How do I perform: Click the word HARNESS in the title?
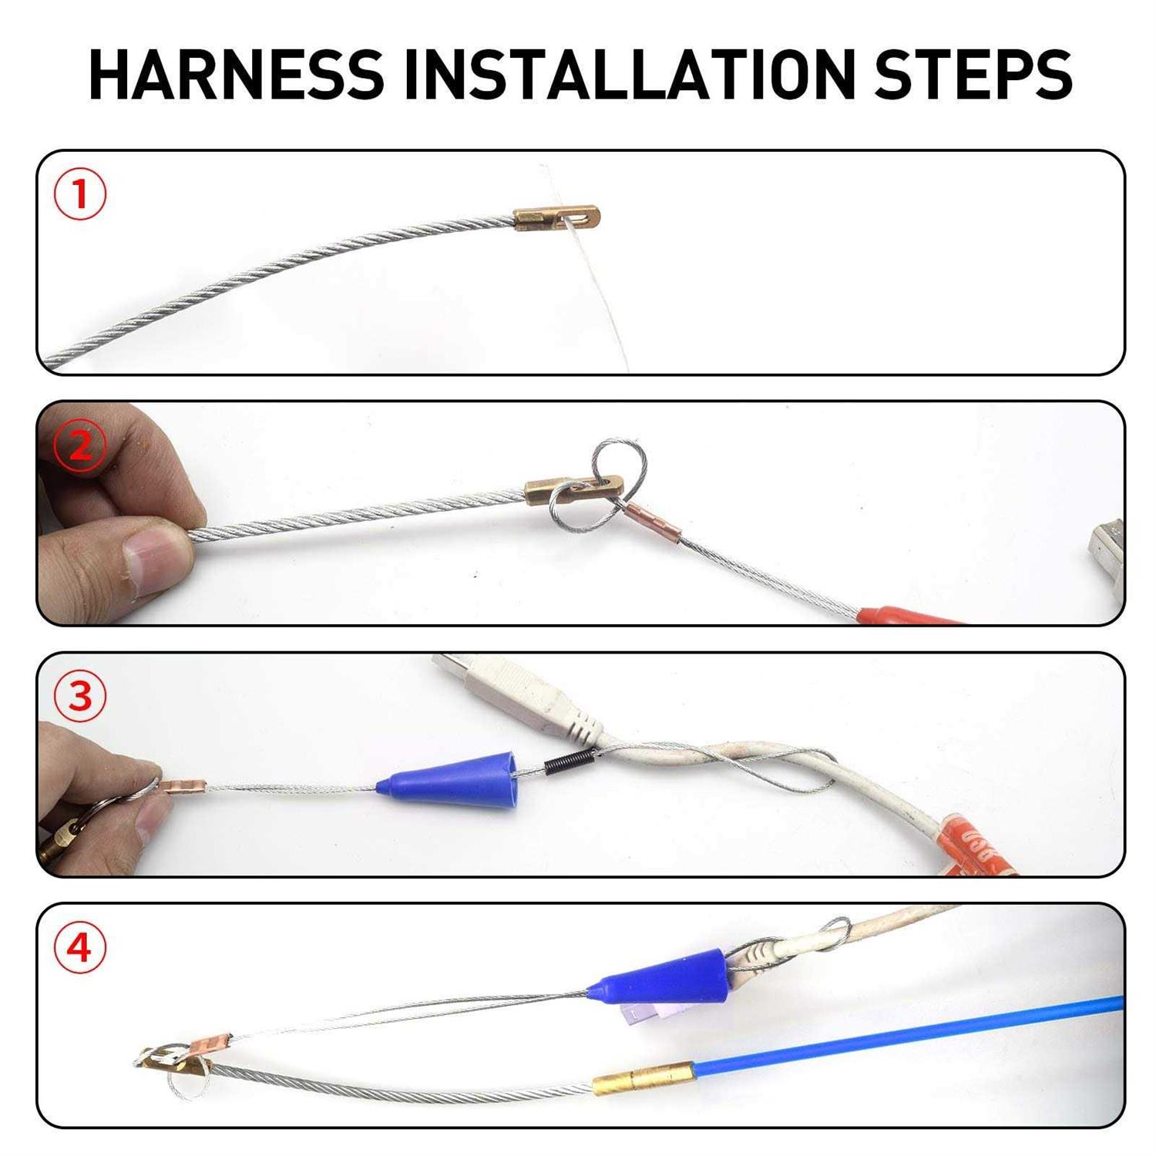click(237, 75)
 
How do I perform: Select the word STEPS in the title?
click(973, 75)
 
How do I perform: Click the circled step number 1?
click(80, 195)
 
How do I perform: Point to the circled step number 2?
click(80, 445)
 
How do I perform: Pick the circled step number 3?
click(80, 696)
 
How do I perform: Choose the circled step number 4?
click(80, 947)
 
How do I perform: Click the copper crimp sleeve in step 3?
click(183, 785)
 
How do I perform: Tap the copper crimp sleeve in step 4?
click(206, 1045)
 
